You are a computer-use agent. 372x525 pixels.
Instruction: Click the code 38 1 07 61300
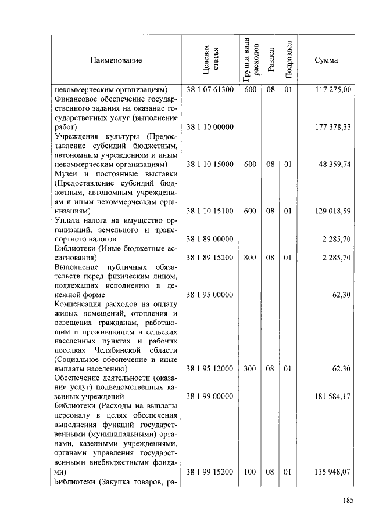pos(210,90)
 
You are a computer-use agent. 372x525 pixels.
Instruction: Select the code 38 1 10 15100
pos(210,211)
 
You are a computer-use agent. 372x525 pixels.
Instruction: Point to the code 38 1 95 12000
pos(210,368)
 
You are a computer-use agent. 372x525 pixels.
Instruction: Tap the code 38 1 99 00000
pos(210,396)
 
